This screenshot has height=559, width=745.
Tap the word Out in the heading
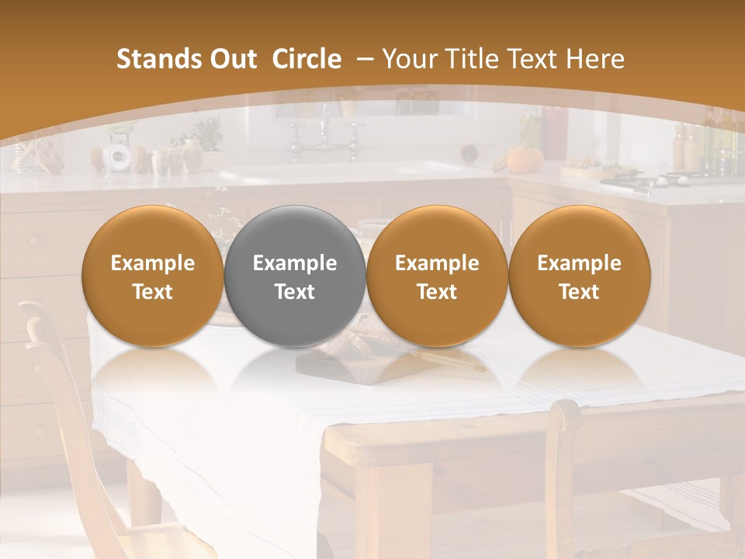click(230, 59)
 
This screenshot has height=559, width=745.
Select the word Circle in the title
click(307, 59)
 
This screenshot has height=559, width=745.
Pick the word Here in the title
click(595, 59)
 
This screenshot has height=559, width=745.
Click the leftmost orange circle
click(153, 276)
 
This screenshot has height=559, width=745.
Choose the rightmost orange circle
click(579, 276)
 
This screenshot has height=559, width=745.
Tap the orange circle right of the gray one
click(437, 276)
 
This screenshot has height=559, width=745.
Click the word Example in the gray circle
click(295, 263)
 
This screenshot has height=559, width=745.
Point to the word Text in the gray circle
click(295, 292)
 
